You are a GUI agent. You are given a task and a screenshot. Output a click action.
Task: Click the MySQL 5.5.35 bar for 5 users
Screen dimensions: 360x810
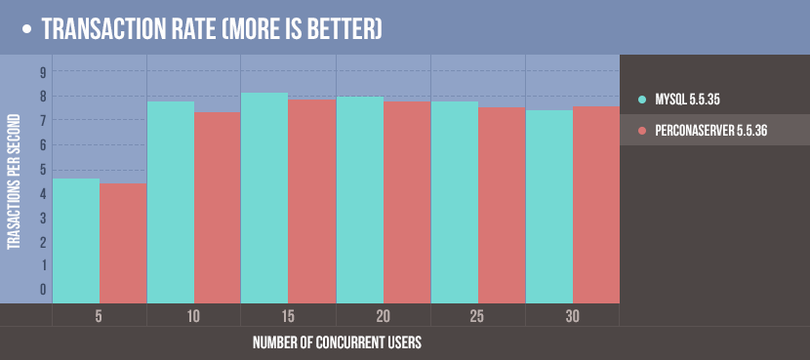pyautogui.click(x=76, y=240)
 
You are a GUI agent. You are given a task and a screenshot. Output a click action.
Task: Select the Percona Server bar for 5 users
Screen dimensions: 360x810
pyautogui.click(x=123, y=243)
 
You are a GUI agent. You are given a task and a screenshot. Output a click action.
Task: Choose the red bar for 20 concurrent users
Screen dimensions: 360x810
pyautogui.click(x=407, y=202)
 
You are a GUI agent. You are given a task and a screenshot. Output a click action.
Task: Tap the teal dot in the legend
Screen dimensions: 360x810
pyautogui.click(x=641, y=100)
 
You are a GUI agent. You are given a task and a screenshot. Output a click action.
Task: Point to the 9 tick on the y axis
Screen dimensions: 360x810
pyautogui.click(x=43, y=72)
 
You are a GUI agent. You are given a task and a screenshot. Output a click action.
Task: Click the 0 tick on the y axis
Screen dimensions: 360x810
pyautogui.click(x=43, y=290)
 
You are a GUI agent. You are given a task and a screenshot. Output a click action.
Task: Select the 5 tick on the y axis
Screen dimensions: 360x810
pyautogui.click(x=43, y=169)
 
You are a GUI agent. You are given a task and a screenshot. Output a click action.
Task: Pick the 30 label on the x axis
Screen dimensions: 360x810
pyautogui.click(x=573, y=316)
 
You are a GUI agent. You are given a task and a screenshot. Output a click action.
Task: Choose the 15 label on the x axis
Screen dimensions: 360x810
pyautogui.click(x=288, y=316)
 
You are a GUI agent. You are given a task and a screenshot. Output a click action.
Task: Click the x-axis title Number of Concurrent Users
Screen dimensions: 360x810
pyautogui.click(x=337, y=343)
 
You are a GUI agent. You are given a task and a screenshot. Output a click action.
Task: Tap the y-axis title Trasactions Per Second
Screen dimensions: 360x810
pyautogui.click(x=15, y=190)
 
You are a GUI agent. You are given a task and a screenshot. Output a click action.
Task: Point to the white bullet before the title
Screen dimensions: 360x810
pyautogui.click(x=27, y=30)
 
